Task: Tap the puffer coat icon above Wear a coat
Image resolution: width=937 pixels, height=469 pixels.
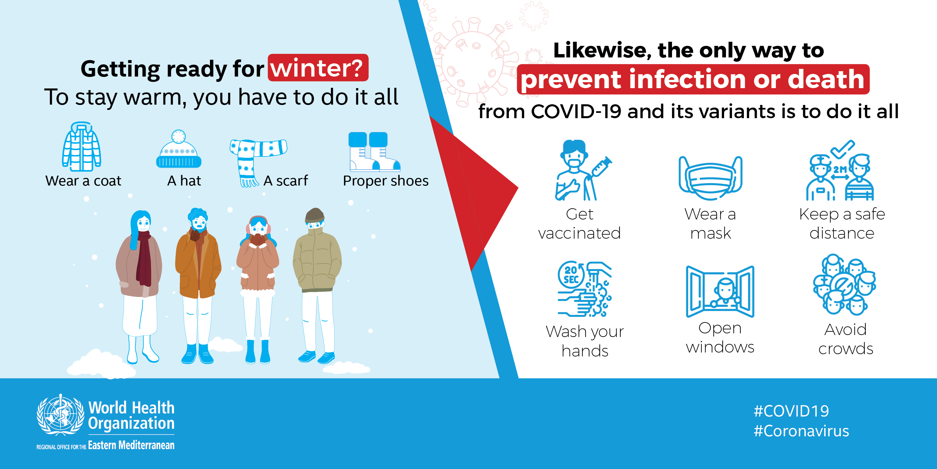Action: click(81, 147)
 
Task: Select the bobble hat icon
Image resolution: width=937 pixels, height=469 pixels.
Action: click(179, 149)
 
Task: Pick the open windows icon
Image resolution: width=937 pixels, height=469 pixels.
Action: click(720, 291)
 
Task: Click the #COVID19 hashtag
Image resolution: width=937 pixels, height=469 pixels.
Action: click(791, 411)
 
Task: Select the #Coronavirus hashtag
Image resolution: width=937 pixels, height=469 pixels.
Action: click(801, 431)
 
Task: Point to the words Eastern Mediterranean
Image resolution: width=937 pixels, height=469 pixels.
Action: click(131, 445)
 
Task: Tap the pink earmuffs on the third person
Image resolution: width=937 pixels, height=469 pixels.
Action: click(258, 225)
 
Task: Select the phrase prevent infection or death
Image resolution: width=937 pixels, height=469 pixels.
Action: click(692, 80)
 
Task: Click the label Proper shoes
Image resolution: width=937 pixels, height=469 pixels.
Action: click(386, 181)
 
